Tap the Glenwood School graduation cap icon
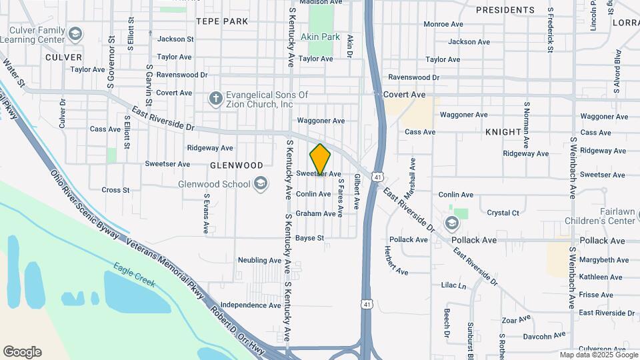pos(260,185)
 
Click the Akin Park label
pos(320,37)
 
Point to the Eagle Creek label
pos(134,274)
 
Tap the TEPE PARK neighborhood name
pos(222,21)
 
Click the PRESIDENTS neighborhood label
pos(505,10)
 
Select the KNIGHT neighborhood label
pos(503,132)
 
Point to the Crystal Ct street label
pos(503,213)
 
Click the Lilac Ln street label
pos(453,285)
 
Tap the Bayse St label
pos(309,238)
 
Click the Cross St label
pos(115,190)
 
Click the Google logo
pos(22,352)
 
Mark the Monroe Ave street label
pos(443,24)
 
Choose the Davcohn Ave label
pos(543,335)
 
